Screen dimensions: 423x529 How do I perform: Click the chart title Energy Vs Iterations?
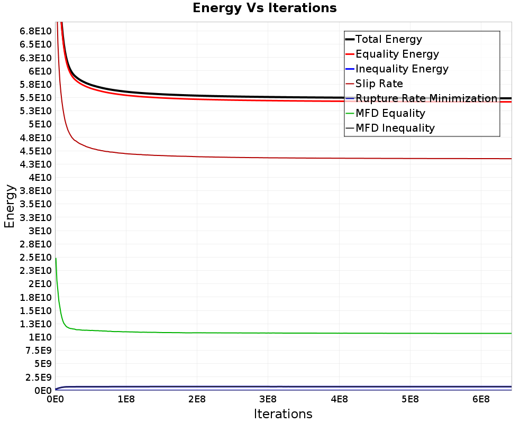264,8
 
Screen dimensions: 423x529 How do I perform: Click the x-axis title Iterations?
283,413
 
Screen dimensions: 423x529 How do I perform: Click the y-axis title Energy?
9,206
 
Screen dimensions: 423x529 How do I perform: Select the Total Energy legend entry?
389,39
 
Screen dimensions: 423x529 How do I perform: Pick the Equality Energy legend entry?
397,54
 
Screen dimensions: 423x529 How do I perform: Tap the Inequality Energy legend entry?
402,69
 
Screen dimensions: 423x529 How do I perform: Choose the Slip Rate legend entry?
379,84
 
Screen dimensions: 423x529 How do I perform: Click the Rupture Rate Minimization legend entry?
426,98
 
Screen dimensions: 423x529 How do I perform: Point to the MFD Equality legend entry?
390,113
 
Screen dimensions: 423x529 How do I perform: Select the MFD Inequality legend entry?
395,128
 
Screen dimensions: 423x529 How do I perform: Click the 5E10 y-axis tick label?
40,124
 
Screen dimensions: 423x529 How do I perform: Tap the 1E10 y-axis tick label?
40,337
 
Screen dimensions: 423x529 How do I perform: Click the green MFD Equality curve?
264,333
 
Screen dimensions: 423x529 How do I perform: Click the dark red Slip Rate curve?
264,158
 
